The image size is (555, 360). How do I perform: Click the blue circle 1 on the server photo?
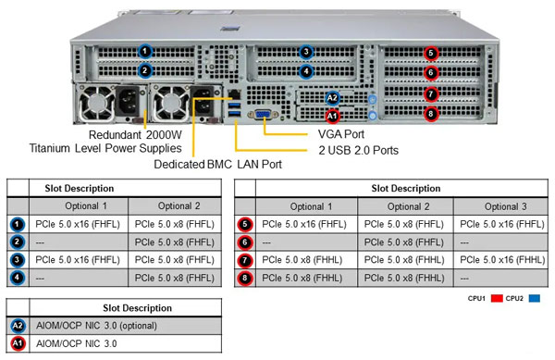(144, 51)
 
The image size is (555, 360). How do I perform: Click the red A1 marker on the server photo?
(332, 116)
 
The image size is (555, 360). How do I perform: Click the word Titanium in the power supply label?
(56, 148)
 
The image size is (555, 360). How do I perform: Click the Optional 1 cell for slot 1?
(79, 224)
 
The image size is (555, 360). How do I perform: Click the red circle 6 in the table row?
(245, 242)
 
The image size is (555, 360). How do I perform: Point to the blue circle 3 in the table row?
(18, 259)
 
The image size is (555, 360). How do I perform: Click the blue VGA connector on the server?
(264, 114)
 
